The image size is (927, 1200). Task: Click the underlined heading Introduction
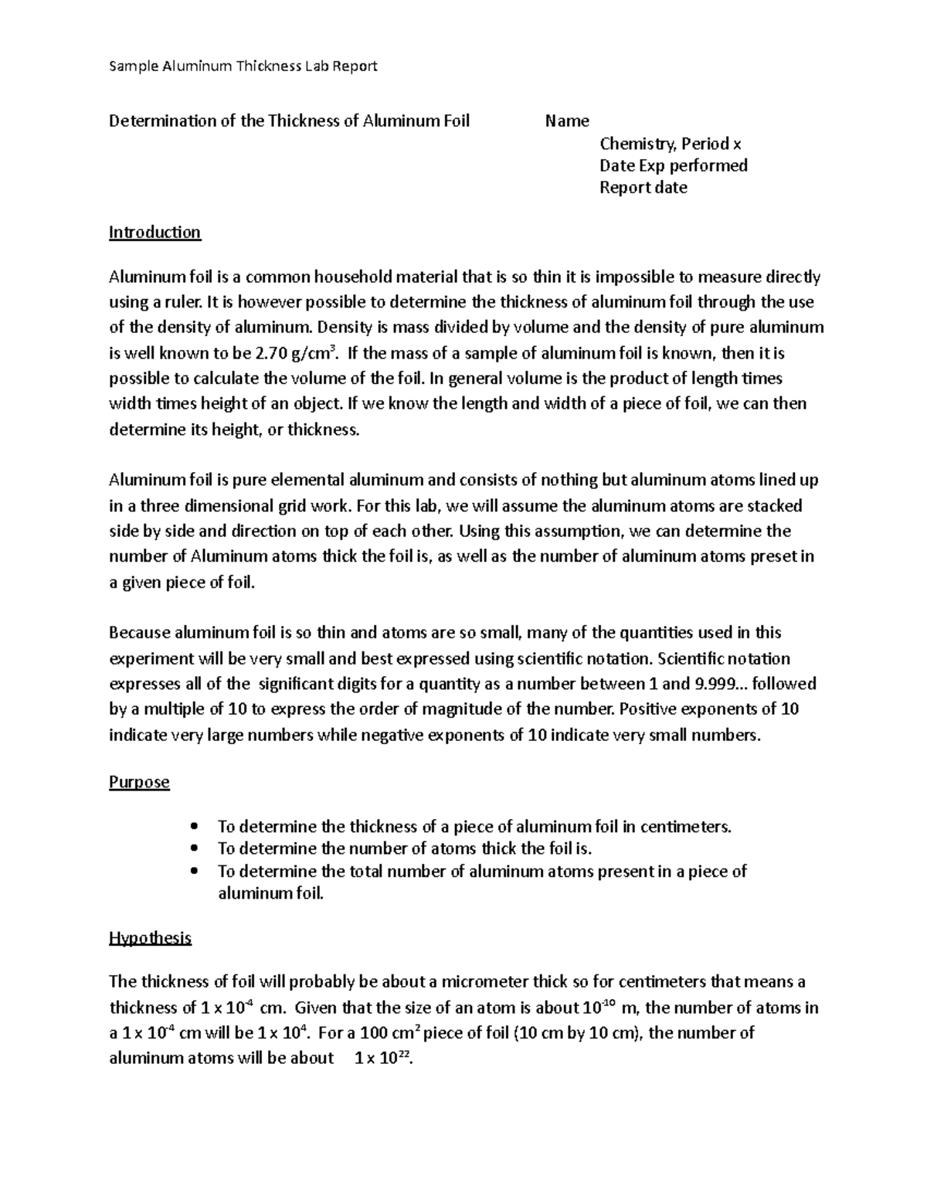click(x=154, y=233)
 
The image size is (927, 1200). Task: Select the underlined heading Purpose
click(x=139, y=782)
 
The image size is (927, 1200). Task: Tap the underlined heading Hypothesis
click(x=150, y=938)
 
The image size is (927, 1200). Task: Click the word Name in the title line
click(x=567, y=121)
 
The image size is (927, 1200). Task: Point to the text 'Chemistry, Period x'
click(x=670, y=144)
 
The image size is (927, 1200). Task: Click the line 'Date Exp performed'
click(x=673, y=165)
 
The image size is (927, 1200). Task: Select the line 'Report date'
click(x=643, y=188)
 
